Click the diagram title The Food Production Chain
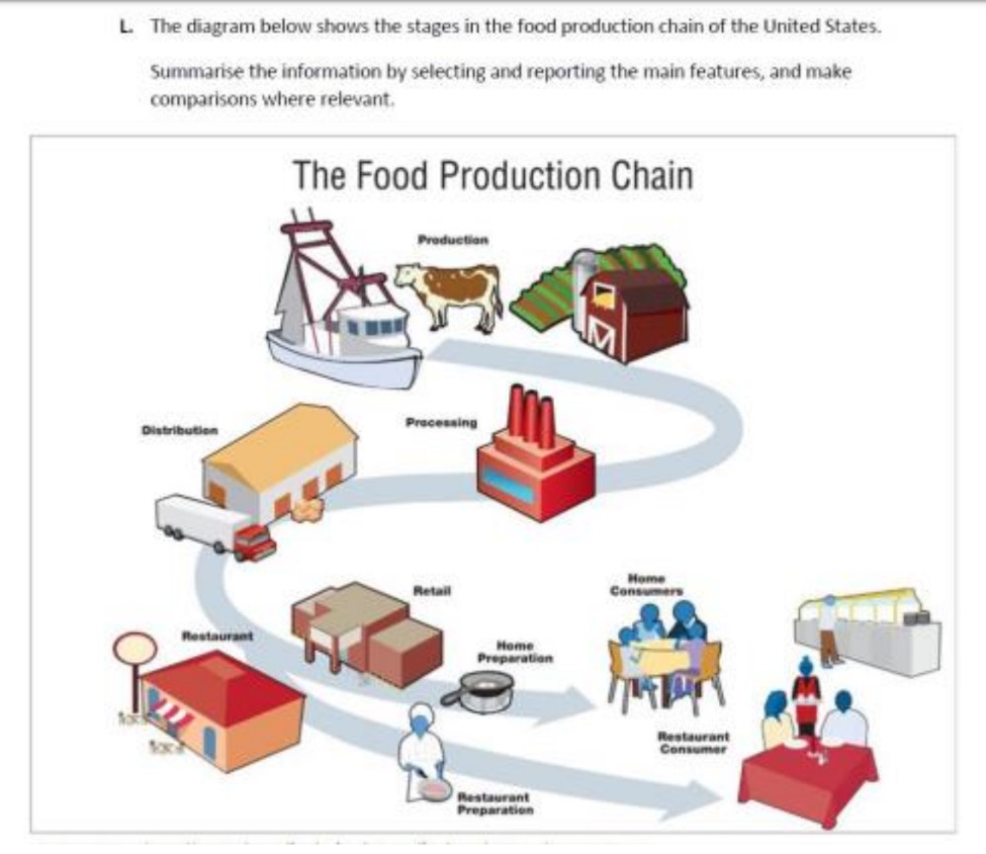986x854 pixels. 493,178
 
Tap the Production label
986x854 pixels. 452,240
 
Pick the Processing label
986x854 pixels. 441,422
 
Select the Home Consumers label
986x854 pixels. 646,584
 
